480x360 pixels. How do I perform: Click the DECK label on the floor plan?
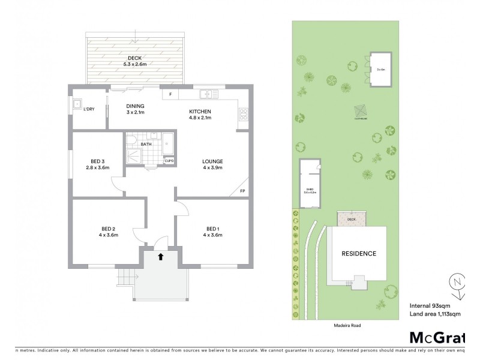pyautogui.click(x=134, y=58)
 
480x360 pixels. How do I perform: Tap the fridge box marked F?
pyautogui.click(x=170, y=94)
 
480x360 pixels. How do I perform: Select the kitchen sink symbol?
pyautogui.click(x=208, y=94)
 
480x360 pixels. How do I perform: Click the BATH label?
pyautogui.click(x=146, y=144)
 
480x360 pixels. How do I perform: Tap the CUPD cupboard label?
pyautogui.click(x=169, y=161)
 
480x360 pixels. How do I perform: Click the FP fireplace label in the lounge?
pyautogui.click(x=242, y=191)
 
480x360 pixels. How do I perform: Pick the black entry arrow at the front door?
pyautogui.click(x=160, y=257)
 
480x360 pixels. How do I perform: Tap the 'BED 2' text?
pyautogui.click(x=109, y=229)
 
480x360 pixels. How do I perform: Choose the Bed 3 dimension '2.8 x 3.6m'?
pyautogui.click(x=98, y=168)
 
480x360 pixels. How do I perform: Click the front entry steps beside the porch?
pyautogui.click(x=125, y=277)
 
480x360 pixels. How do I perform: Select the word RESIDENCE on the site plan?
pyautogui.click(x=359, y=253)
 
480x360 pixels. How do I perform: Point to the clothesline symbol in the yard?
pyautogui.click(x=360, y=112)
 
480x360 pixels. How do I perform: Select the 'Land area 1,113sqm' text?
pyautogui.click(x=435, y=314)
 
